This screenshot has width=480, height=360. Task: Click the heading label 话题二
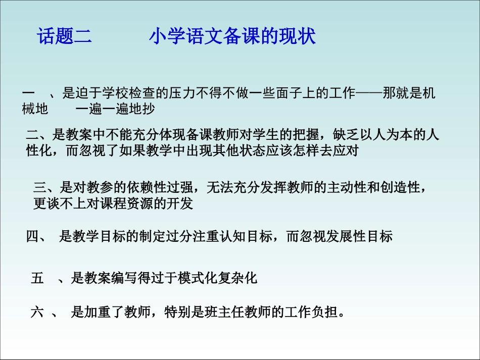pos(65,37)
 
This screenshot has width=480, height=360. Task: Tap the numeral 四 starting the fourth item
pos(32,236)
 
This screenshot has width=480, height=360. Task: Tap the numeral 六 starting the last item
pos(37,312)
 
